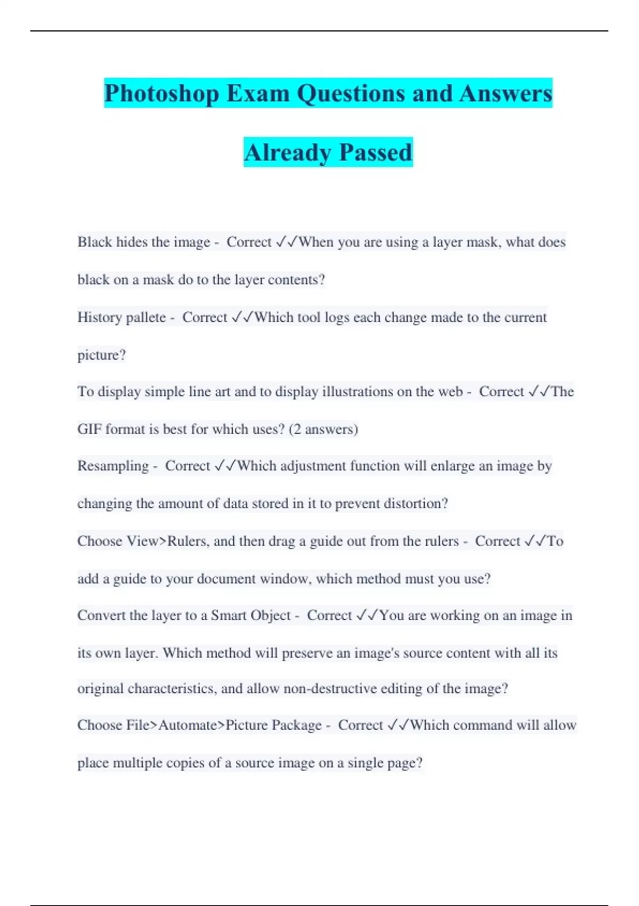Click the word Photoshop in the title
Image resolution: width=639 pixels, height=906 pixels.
pyautogui.click(x=162, y=94)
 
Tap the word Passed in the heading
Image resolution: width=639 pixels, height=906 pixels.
pyautogui.click(x=375, y=152)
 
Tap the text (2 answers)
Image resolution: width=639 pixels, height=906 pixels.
pyautogui.click(x=323, y=429)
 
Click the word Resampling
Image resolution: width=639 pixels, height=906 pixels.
pyautogui.click(x=113, y=466)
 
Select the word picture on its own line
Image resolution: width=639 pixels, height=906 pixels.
pyautogui.click(x=101, y=355)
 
